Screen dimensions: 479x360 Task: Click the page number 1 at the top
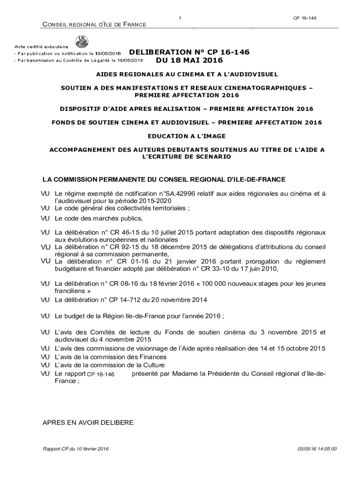180,18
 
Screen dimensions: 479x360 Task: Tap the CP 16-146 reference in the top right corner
305,18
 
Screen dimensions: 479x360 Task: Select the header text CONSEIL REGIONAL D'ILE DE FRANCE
94,24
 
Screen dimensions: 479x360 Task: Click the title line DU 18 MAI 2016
189,61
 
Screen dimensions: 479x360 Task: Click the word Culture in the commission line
151,365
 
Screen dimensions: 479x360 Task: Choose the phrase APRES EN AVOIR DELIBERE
88,423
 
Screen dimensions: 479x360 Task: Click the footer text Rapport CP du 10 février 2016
76,449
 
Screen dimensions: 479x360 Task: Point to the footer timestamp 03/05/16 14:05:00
317,449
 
